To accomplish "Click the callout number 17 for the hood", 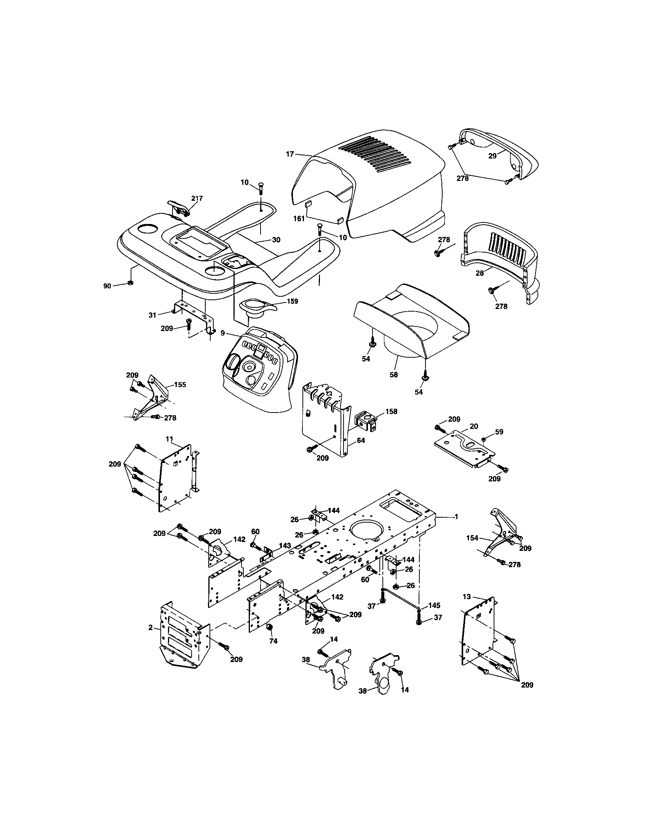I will [289, 154].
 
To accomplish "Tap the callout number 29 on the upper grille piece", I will [492, 156].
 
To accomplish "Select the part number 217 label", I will [197, 198].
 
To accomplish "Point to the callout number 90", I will [107, 286].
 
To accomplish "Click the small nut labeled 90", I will [130, 283].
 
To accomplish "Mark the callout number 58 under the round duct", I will [393, 374].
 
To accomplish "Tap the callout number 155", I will [180, 384].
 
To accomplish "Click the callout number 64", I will [361, 440].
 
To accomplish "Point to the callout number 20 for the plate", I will [474, 426].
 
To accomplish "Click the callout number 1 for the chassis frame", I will [456, 517].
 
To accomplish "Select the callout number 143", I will [285, 545].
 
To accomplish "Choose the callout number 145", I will [434, 606].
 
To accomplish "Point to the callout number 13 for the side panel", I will [467, 597].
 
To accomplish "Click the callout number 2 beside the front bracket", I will [150, 628].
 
